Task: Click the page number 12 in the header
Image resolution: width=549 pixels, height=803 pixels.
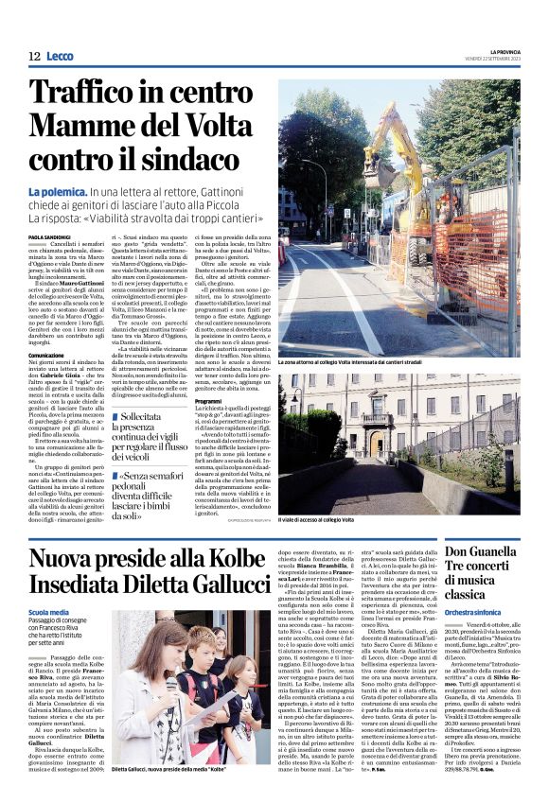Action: tap(34, 57)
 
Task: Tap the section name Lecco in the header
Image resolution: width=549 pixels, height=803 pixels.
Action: tap(60, 57)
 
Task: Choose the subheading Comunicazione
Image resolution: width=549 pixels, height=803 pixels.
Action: tap(46, 355)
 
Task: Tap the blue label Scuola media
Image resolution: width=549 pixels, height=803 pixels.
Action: tap(48, 614)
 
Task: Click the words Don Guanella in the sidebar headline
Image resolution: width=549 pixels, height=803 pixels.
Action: tap(506, 550)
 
